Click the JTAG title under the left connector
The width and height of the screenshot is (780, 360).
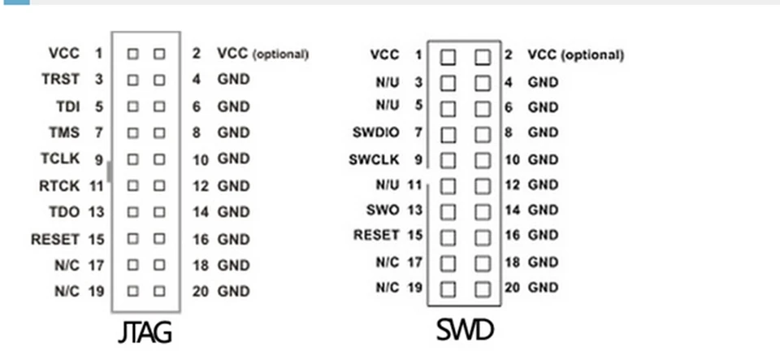(145, 332)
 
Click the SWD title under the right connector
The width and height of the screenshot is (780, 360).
(465, 330)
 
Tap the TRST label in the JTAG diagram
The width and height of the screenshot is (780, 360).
(60, 80)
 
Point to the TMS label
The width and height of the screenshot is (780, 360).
(65, 132)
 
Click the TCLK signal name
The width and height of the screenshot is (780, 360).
(60, 158)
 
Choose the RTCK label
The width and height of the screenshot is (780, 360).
(59, 185)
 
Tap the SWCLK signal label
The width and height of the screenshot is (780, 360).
(375, 159)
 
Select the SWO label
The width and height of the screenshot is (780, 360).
(383, 210)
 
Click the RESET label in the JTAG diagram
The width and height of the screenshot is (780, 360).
(55, 239)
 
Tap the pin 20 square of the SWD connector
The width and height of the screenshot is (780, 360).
(483, 288)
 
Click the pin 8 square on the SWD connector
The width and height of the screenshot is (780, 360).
(483, 132)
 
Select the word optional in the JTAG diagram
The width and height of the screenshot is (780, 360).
(281, 54)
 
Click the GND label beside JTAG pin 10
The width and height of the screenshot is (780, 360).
(233, 158)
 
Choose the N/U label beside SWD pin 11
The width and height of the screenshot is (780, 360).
(387, 184)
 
